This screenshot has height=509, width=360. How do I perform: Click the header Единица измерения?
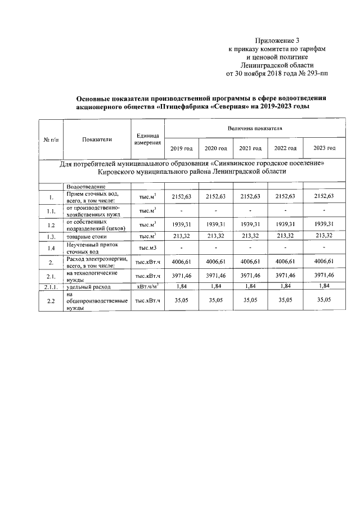[148, 139]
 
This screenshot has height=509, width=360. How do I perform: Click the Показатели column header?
[97, 139]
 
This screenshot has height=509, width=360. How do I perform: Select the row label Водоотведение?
[86, 186]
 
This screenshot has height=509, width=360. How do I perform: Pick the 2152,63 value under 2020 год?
[215, 196]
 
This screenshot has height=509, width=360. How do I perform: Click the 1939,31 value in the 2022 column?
[285, 224]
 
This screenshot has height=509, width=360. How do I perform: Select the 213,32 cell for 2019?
[181, 236]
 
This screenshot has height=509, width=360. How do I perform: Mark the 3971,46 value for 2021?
[250, 275]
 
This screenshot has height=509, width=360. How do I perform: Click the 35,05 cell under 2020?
[215, 301]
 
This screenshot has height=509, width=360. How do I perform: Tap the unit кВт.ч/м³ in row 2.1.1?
[148, 287]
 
